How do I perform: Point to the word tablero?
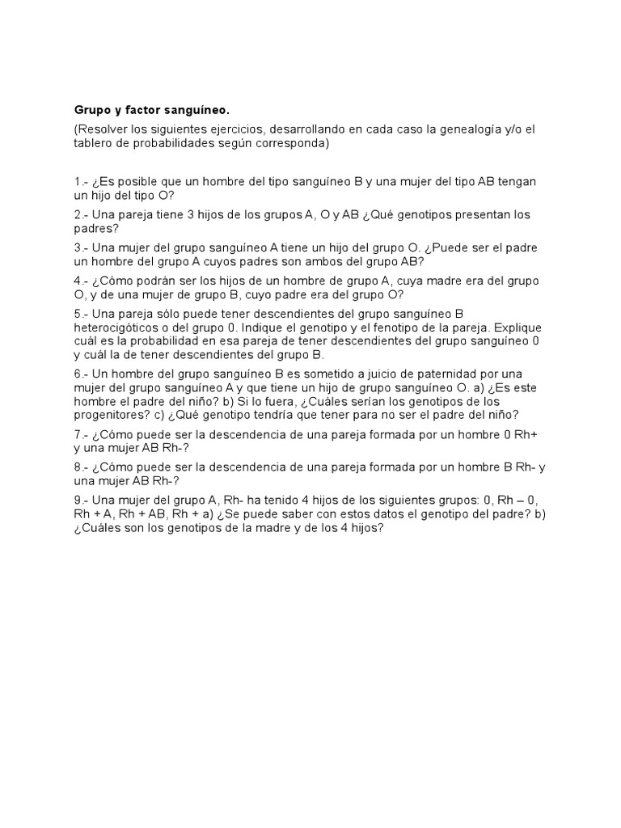click(x=94, y=143)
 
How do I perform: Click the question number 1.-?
click(x=80, y=182)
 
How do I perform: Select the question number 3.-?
click(x=80, y=247)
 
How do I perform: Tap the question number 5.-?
click(x=80, y=313)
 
